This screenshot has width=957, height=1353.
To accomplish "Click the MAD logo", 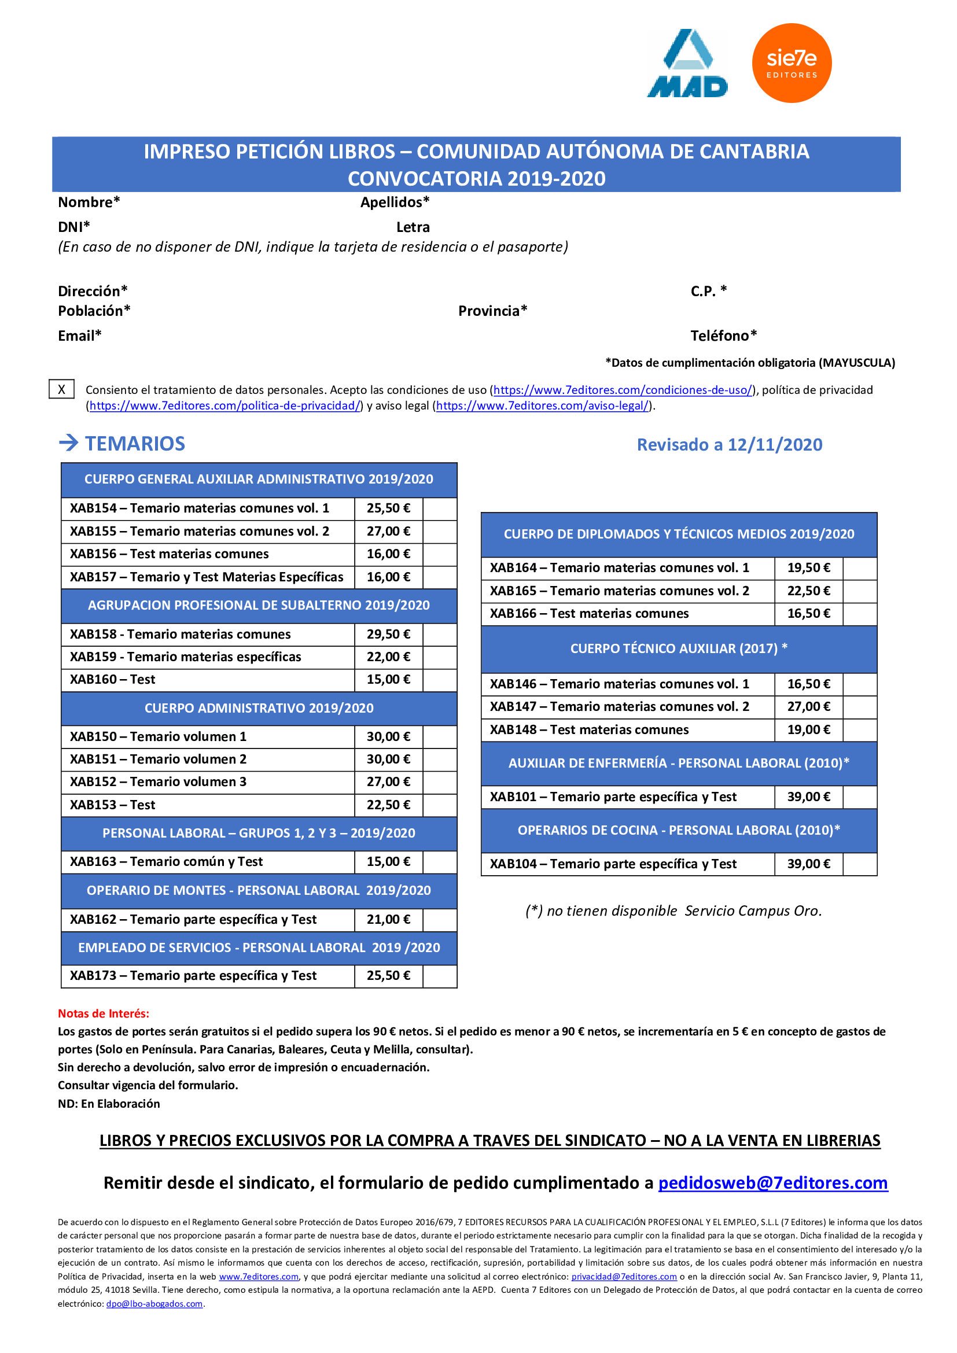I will (687, 64).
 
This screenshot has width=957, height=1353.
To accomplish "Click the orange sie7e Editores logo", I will (792, 63).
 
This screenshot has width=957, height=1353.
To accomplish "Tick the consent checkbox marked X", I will (61, 389).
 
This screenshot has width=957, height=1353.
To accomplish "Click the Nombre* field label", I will (89, 202).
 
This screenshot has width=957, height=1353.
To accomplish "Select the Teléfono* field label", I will (724, 336).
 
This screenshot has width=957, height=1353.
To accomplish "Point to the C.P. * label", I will (708, 291).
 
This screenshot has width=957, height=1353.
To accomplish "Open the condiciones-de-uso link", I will (623, 390).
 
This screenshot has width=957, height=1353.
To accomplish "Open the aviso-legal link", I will (542, 405).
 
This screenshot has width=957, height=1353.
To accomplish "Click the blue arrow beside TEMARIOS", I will (69, 443).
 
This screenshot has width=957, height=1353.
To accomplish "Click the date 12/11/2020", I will (774, 445).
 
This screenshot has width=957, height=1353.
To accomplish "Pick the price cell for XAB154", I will (388, 508).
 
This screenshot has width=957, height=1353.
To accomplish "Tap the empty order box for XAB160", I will (440, 680).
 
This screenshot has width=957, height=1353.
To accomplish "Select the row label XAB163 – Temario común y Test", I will (167, 861).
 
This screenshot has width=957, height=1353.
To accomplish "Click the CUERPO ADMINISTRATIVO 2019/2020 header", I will (259, 707).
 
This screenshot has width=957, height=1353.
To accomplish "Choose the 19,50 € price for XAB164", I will (808, 568).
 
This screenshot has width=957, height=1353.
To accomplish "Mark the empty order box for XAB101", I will (859, 797).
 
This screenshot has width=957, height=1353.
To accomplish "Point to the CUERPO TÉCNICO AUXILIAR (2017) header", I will (678, 648).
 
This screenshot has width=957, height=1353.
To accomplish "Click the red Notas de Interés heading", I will (104, 1013).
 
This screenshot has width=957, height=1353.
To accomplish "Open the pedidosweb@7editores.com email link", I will (772, 1183).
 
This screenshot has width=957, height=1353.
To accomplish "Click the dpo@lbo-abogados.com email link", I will (154, 1304).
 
